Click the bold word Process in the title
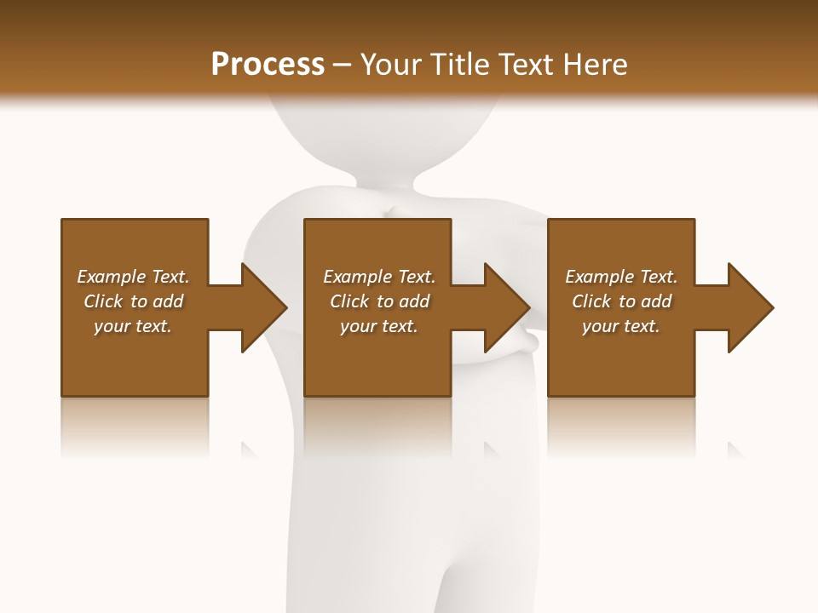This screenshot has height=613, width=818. [268, 65]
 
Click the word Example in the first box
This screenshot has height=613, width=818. [112, 277]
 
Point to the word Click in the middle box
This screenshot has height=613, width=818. [348, 301]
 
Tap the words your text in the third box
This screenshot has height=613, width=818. [621, 326]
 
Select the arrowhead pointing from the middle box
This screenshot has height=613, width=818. [506, 307]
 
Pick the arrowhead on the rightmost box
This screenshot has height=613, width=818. [750, 307]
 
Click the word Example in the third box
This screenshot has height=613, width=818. [600, 277]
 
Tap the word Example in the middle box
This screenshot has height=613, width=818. [358, 277]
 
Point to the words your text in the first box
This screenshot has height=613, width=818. [133, 326]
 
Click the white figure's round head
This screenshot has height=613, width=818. [375, 128]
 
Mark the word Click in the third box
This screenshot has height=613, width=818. [590, 301]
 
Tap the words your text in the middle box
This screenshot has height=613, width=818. [379, 326]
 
